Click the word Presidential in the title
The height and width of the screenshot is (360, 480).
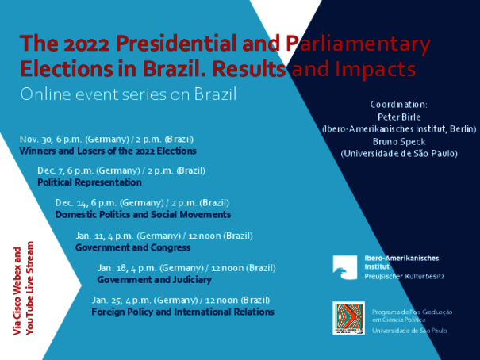175,43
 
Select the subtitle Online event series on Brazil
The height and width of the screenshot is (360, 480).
129,94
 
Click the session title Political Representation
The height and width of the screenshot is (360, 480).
90,182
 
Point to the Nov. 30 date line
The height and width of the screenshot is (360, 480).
106,140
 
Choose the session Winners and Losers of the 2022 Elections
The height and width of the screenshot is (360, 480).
108,151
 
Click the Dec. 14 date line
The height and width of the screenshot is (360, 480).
142,203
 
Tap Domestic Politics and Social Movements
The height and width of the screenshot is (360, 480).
143,214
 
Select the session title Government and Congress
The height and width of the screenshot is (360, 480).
132,247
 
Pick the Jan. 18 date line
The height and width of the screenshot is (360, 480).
186,268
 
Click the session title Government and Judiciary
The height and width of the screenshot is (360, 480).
155,280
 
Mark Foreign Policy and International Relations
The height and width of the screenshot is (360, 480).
182,312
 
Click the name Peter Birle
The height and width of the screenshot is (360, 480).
399,117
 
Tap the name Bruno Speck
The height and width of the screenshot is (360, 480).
399,142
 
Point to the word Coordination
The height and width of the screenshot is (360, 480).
398,105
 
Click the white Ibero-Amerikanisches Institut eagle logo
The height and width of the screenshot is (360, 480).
345,268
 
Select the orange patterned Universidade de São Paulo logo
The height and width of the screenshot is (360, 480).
348,318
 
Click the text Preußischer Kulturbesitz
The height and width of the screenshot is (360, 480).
404,277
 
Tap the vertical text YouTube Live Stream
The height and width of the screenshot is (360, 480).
29,288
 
